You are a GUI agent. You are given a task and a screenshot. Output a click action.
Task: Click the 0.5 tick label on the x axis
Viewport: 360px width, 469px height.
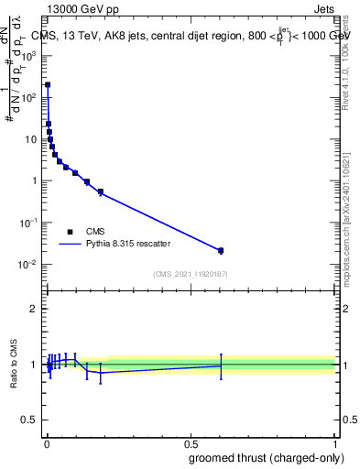click(191, 443)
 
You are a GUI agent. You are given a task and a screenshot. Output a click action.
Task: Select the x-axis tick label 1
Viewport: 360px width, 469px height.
click(335, 443)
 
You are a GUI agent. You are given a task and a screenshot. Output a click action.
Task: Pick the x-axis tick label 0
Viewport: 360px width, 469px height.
click(47, 443)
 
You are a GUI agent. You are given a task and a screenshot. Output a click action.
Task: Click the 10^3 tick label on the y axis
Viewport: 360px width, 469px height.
click(29, 55)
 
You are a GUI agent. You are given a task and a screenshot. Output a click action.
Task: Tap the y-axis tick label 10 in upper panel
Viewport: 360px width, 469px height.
click(31, 139)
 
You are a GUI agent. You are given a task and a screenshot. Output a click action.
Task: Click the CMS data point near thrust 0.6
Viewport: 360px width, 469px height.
click(221, 250)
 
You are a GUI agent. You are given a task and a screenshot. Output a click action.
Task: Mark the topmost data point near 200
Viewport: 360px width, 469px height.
click(48, 84)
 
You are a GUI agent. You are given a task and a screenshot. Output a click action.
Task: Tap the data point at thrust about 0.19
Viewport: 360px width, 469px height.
click(101, 191)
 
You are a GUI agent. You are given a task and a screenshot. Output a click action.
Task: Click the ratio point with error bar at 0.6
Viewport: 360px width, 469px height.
click(221, 365)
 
